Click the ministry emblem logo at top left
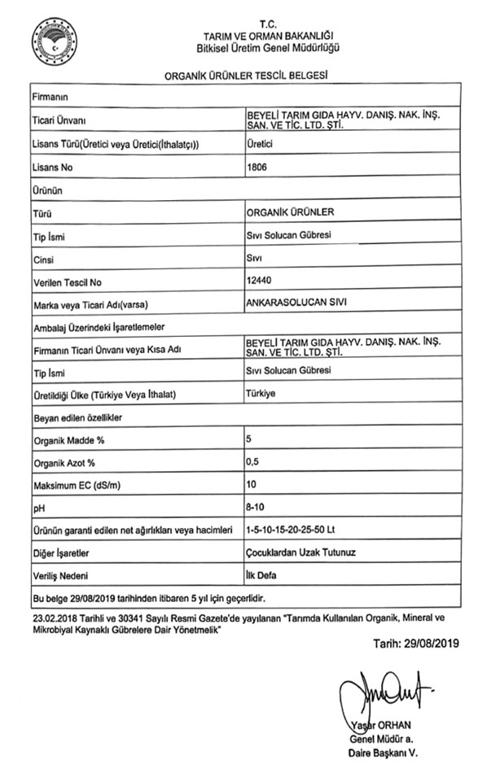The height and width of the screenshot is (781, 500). coord(55,43)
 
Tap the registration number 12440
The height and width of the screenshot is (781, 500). coord(259,281)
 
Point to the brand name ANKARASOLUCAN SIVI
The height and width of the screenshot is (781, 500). coord(290,303)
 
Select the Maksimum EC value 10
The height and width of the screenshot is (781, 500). coord(252,484)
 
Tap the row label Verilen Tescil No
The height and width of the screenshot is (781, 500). coord(66,282)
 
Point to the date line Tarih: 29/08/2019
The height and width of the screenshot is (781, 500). coord(416,644)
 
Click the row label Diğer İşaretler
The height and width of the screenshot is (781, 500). coord(61,553)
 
